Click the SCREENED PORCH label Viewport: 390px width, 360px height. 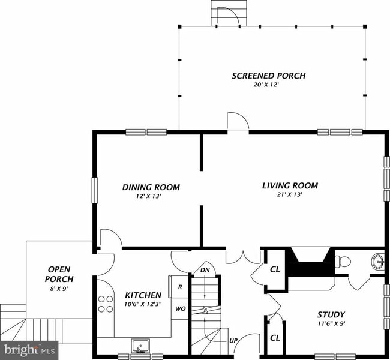268,76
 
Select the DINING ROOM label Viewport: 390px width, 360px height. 151,187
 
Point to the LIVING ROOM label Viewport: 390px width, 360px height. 290,185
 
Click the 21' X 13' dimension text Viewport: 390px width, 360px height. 290,194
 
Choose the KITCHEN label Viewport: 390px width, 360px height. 143,295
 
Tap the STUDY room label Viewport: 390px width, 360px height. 331,314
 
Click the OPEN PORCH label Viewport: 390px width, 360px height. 60,274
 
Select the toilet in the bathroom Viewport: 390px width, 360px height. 343,261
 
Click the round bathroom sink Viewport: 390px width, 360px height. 379,262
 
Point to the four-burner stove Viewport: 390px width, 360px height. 106,304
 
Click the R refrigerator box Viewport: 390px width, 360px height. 180,287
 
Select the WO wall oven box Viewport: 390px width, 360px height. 180,309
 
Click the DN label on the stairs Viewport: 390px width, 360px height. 205,270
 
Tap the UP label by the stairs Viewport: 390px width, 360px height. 234,341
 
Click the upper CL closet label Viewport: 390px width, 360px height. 275,269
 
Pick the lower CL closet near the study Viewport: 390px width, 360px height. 275,338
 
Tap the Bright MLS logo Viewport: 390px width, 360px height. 29,349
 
